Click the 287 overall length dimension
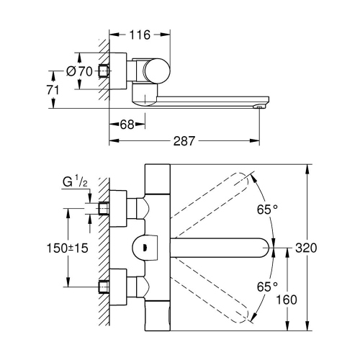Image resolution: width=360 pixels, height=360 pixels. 183,142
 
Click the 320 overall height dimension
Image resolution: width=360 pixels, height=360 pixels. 306,247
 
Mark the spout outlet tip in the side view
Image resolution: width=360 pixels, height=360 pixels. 258,107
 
